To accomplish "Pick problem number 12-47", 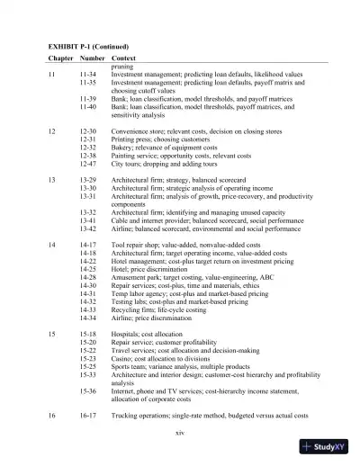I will coord(88,164).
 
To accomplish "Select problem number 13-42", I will coord(88,229).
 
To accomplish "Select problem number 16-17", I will coord(88,417).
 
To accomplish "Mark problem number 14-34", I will coord(88,318).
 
